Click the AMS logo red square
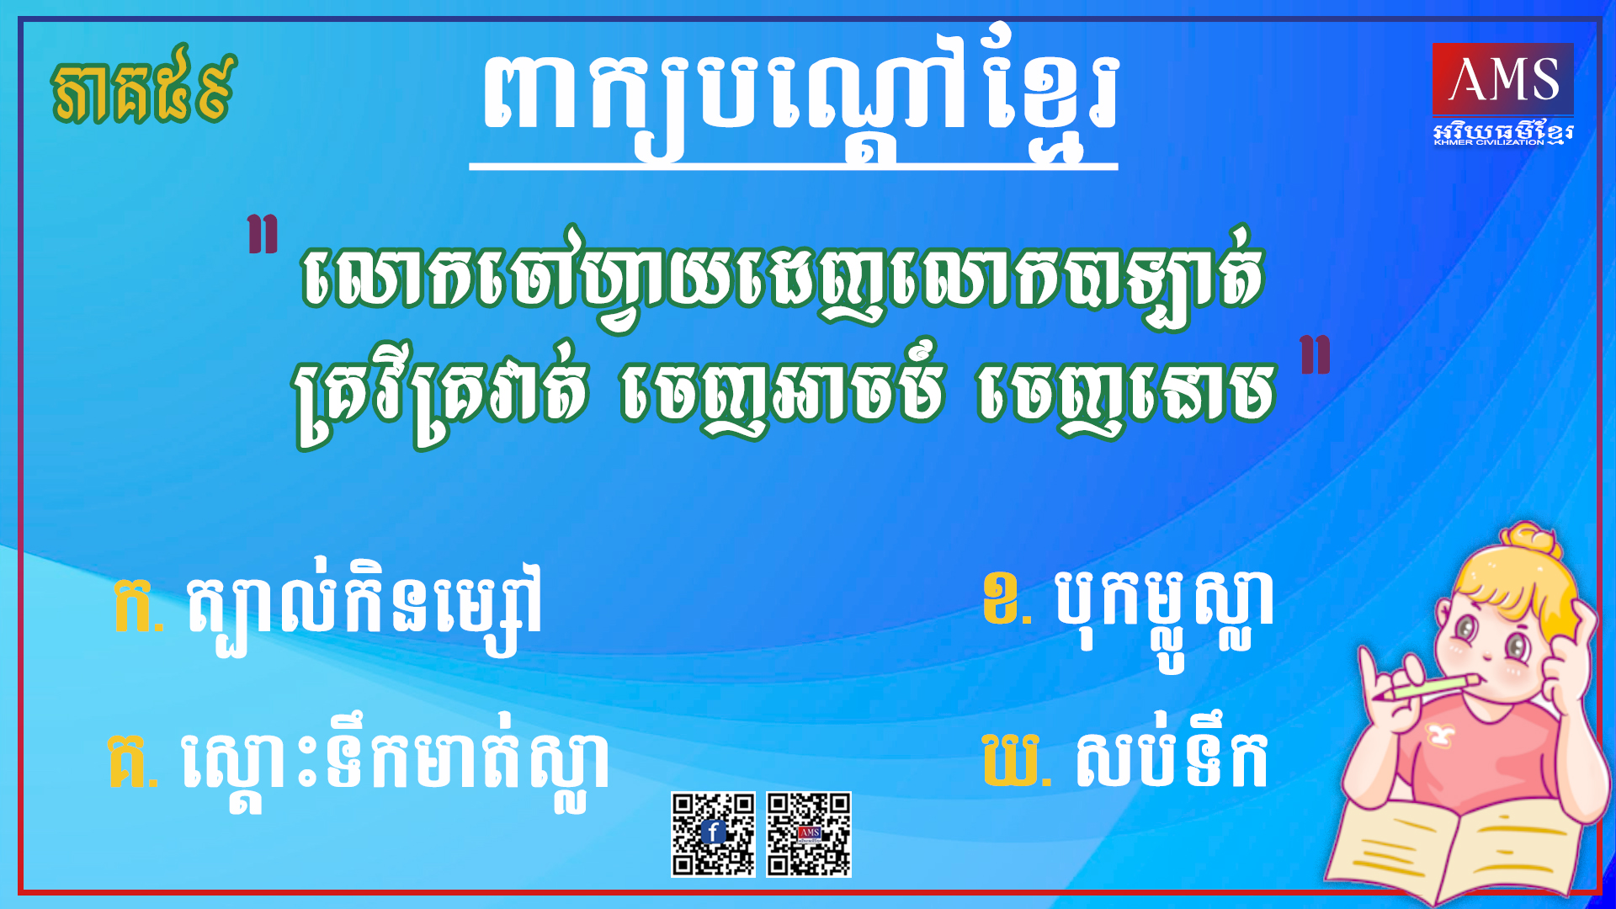(1502, 79)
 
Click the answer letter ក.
(136, 604)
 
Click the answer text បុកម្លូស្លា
(1164, 610)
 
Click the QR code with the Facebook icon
(713, 834)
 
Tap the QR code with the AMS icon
(809, 834)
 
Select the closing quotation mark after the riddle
(1316, 354)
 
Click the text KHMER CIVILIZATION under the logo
(1489, 142)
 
